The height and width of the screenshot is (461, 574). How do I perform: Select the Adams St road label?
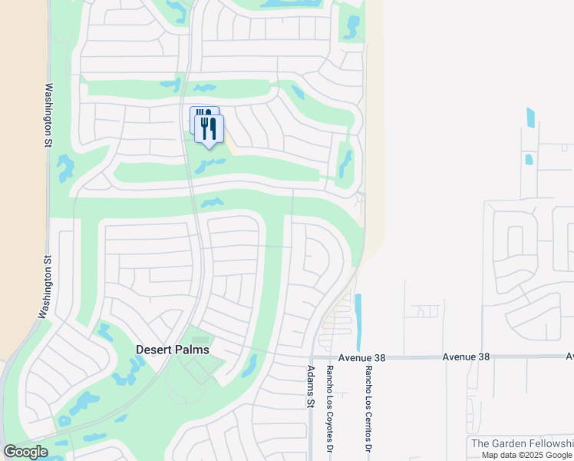point(311,386)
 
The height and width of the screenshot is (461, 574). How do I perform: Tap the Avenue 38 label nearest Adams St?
point(361,358)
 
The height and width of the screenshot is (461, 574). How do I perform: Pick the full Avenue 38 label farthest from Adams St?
point(466,357)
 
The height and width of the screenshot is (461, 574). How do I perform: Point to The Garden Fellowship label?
point(521,443)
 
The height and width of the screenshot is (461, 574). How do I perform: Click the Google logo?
point(25,452)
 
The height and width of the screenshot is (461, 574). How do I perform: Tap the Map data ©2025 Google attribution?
point(526,455)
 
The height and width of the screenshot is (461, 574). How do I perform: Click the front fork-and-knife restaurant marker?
point(209,129)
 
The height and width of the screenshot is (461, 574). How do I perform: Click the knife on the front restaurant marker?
point(213,127)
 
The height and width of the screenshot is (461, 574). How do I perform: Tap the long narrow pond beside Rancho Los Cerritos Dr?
point(358,322)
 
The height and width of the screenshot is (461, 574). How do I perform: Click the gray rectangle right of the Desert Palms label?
point(200,340)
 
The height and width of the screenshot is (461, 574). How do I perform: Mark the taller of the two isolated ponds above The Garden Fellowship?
point(531,118)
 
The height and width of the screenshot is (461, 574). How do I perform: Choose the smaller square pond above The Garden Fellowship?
point(529,160)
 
